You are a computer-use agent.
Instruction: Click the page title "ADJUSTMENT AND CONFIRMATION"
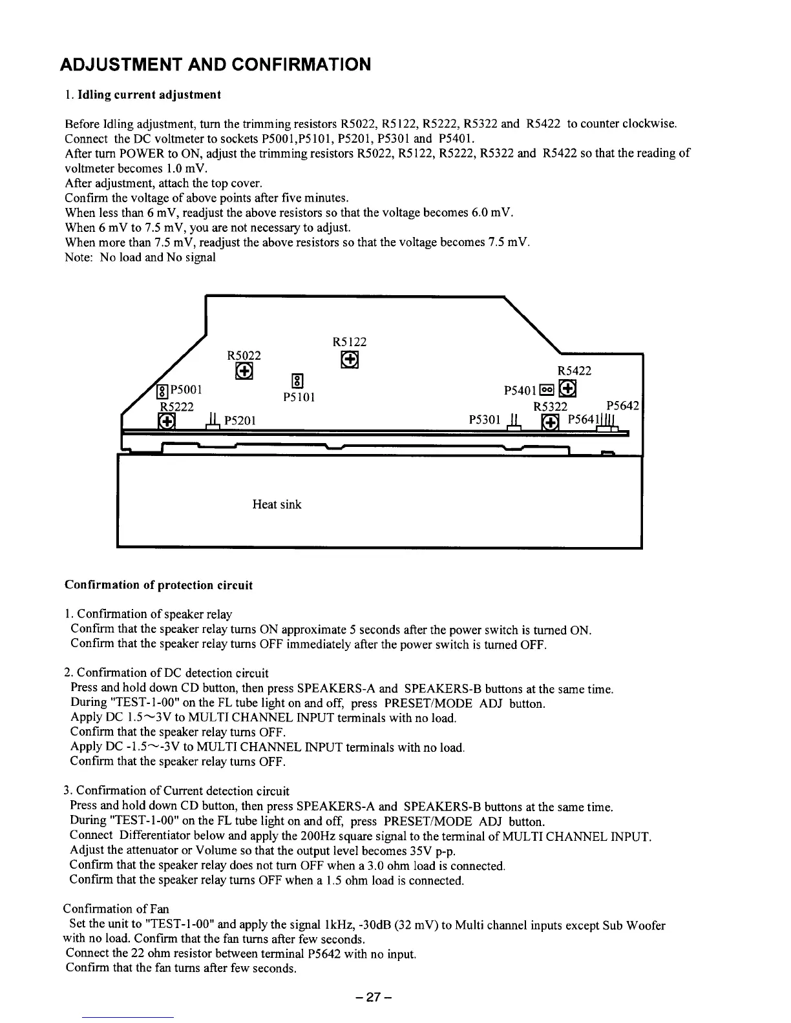(x=215, y=65)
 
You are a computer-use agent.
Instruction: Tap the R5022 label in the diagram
(x=244, y=355)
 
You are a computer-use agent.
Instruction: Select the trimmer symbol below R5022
(x=244, y=371)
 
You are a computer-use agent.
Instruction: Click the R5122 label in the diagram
(x=349, y=342)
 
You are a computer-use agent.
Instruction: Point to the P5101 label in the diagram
(x=299, y=397)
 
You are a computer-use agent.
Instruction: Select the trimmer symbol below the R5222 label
(x=166, y=421)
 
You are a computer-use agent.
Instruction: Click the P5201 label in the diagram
(x=240, y=421)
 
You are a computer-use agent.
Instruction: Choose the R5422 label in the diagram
(x=574, y=371)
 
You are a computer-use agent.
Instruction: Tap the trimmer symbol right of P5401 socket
(x=567, y=389)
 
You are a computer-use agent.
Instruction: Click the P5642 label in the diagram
(x=622, y=406)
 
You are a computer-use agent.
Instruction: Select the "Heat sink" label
(x=277, y=504)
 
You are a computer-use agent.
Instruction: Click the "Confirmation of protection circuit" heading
(x=158, y=585)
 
